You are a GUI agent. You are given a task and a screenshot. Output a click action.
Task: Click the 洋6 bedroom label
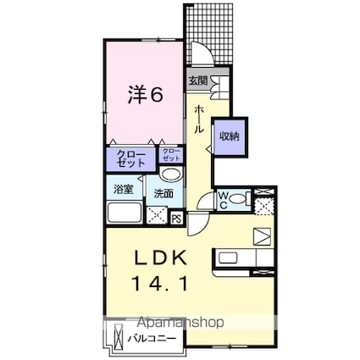pyautogui.click(x=146, y=95)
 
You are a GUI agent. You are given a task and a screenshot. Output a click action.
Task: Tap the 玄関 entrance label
pyautogui.click(x=198, y=81)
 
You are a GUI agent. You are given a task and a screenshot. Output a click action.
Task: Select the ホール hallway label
pyautogui.click(x=199, y=119)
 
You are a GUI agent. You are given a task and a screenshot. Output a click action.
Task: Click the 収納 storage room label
pyautogui.click(x=230, y=136)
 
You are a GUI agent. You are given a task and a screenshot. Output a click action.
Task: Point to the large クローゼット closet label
pyautogui.click(x=131, y=159)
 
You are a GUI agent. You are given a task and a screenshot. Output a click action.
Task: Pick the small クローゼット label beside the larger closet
pyautogui.click(x=171, y=155)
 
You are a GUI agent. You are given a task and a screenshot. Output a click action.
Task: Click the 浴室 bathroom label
pyautogui.click(x=124, y=189)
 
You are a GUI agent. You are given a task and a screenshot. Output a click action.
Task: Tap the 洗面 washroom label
pyautogui.click(x=163, y=194)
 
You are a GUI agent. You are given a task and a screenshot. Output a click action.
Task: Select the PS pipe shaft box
pyautogui.click(x=177, y=219)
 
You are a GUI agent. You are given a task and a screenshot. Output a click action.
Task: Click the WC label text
pyautogui.click(x=223, y=200)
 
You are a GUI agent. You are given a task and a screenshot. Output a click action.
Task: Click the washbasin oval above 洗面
pyautogui.click(x=170, y=174)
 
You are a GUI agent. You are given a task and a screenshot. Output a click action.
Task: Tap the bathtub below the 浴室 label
pyautogui.click(x=125, y=213)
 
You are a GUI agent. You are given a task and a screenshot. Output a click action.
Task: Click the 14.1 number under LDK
pyautogui.click(x=159, y=284)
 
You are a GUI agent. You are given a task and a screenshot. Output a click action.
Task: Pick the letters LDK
pyautogui.click(x=160, y=258)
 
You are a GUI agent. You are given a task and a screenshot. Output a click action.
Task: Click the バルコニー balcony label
pyautogui.click(x=152, y=338)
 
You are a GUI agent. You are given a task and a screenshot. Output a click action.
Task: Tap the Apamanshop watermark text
pyautogui.click(x=182, y=322)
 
